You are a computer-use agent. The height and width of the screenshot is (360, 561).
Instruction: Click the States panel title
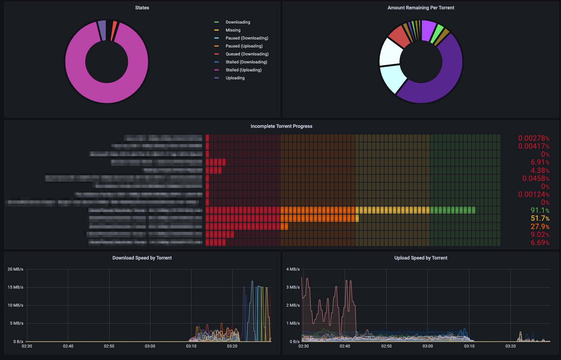tap(142, 8)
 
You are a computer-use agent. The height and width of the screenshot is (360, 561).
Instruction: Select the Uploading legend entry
tap(235, 78)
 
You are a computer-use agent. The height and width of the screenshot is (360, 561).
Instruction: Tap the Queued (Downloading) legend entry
tap(247, 54)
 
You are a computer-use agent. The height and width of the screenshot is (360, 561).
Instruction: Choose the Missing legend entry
tap(233, 30)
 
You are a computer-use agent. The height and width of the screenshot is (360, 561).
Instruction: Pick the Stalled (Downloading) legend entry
tap(246, 62)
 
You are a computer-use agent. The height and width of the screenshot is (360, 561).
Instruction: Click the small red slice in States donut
tap(114, 31)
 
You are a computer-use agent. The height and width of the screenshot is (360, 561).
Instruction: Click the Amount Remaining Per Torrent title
tap(421, 8)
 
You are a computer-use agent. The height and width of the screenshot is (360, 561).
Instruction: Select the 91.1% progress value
tap(540, 210)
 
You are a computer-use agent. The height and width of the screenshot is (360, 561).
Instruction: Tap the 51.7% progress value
tap(540, 218)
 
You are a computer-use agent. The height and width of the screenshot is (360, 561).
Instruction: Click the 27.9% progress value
tap(540, 227)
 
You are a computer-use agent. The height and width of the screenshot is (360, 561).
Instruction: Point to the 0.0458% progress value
tap(536, 178)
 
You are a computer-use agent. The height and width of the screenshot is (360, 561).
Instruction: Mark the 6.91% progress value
tap(540, 162)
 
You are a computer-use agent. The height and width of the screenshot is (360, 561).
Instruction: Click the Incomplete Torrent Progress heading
tap(281, 126)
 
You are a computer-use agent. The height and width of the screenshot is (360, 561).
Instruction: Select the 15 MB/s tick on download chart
tap(16, 287)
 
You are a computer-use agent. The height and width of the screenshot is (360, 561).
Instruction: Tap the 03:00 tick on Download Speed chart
tap(150, 346)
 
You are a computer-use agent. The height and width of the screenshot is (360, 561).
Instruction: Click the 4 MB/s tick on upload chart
tap(293, 269)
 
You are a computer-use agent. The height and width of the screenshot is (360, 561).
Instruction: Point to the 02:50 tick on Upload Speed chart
tap(386, 346)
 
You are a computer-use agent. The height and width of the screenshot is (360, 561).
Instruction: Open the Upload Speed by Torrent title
tap(421, 258)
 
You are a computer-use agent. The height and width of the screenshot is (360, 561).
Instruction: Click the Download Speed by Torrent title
tap(142, 258)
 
